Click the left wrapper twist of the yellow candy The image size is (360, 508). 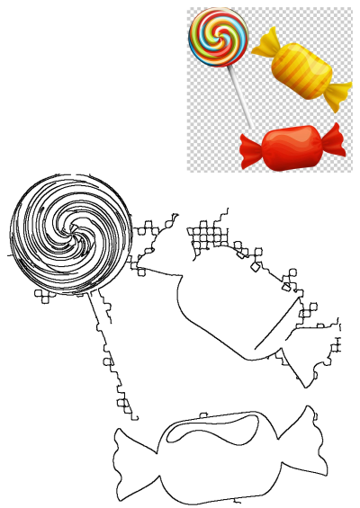tap(265, 41)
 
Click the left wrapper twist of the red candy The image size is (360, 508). tap(251, 148)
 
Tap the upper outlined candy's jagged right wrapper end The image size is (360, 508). tap(315, 346)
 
